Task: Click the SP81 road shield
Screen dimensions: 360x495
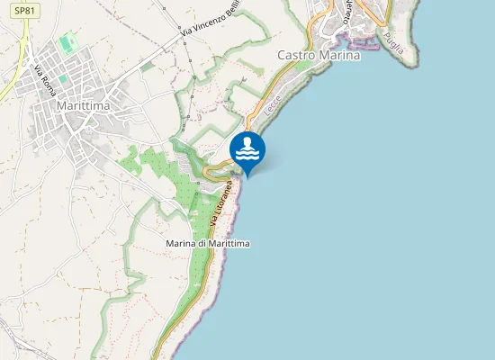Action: pos(26,11)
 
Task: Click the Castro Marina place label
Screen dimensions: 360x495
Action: pos(319,55)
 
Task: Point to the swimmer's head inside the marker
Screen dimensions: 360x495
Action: pos(247,142)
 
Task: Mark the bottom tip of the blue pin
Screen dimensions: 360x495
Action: pos(247,175)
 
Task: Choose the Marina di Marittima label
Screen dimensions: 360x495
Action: pos(208,244)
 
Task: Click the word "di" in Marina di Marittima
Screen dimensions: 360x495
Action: pos(203,244)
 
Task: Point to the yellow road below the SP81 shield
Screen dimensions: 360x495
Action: pos(24,36)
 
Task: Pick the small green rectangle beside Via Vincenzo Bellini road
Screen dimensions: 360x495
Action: pos(147,66)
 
